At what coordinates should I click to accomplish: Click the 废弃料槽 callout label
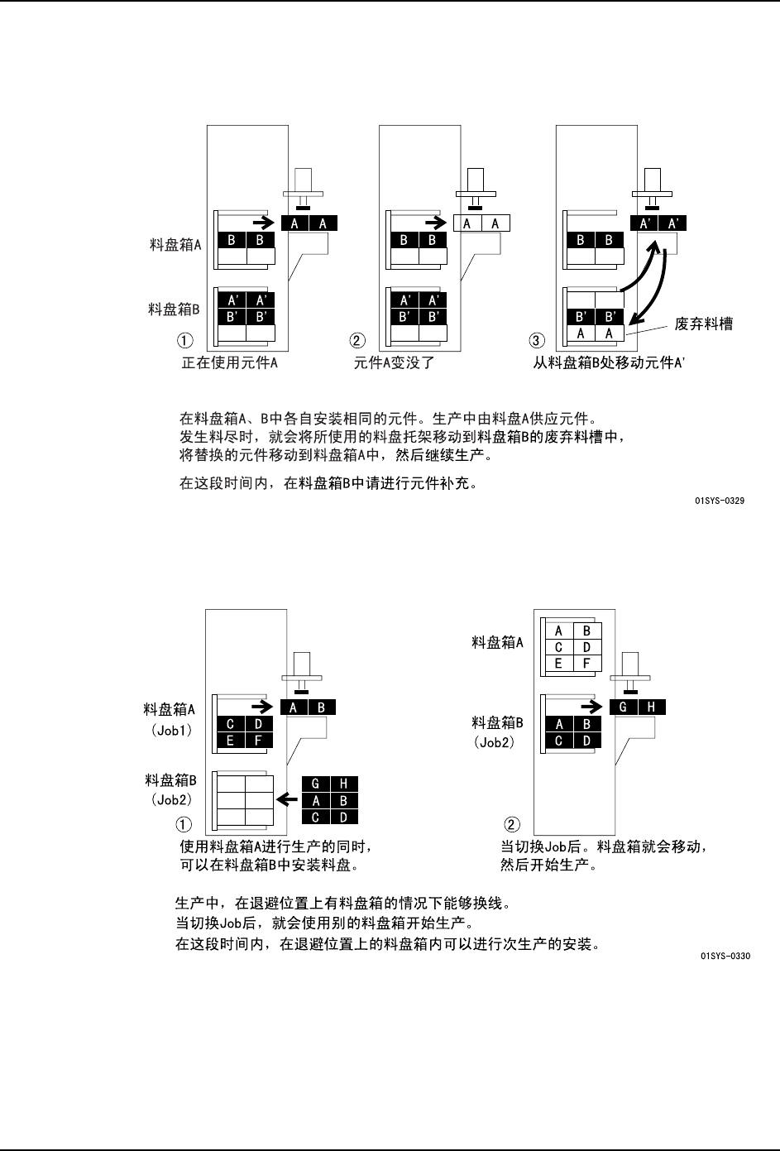(704, 324)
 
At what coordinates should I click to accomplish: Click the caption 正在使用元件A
(229, 362)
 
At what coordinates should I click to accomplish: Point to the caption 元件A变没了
(395, 362)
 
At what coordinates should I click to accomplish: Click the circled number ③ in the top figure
(537, 341)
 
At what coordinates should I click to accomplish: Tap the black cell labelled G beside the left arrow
(315, 784)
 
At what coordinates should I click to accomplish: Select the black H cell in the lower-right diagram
(652, 707)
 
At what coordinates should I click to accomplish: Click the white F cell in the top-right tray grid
(586, 663)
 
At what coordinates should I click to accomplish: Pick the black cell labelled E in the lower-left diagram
(231, 741)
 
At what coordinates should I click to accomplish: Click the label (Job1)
(171, 731)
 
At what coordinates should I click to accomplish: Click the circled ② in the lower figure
(513, 824)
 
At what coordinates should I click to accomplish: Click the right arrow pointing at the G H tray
(591, 707)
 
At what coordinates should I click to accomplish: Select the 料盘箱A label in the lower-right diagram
(497, 641)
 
